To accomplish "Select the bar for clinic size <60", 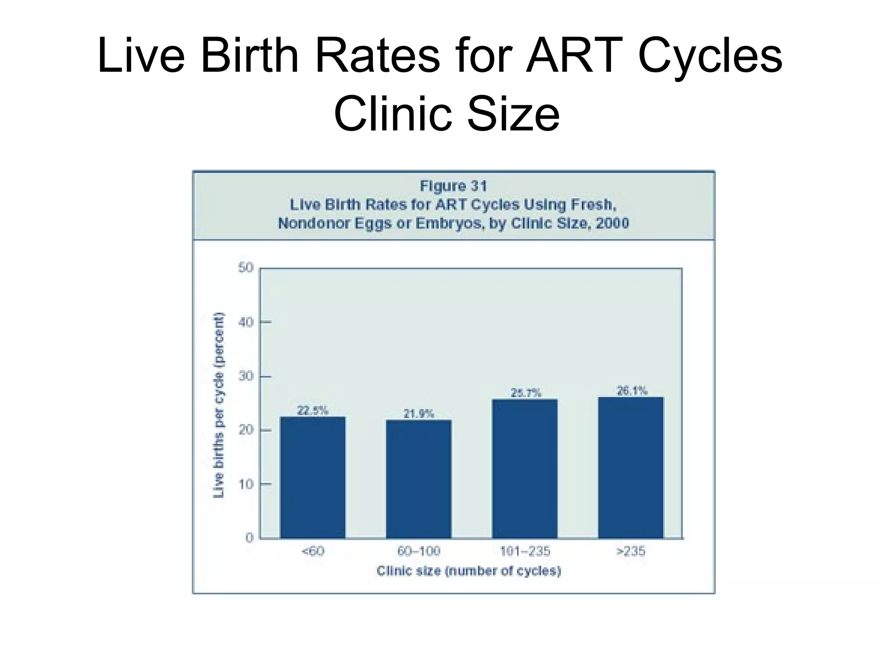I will [x=312, y=477].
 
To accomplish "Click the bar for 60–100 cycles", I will [x=419, y=479].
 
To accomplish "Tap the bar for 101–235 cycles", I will [x=525, y=468].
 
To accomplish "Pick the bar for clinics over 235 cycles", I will [x=631, y=467].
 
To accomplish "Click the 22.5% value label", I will [x=312, y=411].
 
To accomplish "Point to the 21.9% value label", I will [x=419, y=414].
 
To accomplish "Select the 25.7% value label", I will [x=526, y=393].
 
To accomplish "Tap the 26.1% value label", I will [x=632, y=391].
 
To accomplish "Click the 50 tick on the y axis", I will [x=246, y=268].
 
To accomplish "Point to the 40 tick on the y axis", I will [x=246, y=322].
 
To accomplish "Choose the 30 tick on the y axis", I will [x=246, y=376].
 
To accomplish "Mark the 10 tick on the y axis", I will [x=246, y=484].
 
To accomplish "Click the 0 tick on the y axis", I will [x=249, y=538].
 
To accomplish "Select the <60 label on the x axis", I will [x=313, y=551].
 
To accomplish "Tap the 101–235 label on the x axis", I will [x=525, y=551].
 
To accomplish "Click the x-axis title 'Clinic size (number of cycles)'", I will [x=469, y=571].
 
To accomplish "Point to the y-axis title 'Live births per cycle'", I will [x=219, y=404].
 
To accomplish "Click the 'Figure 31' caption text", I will [x=453, y=186].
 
